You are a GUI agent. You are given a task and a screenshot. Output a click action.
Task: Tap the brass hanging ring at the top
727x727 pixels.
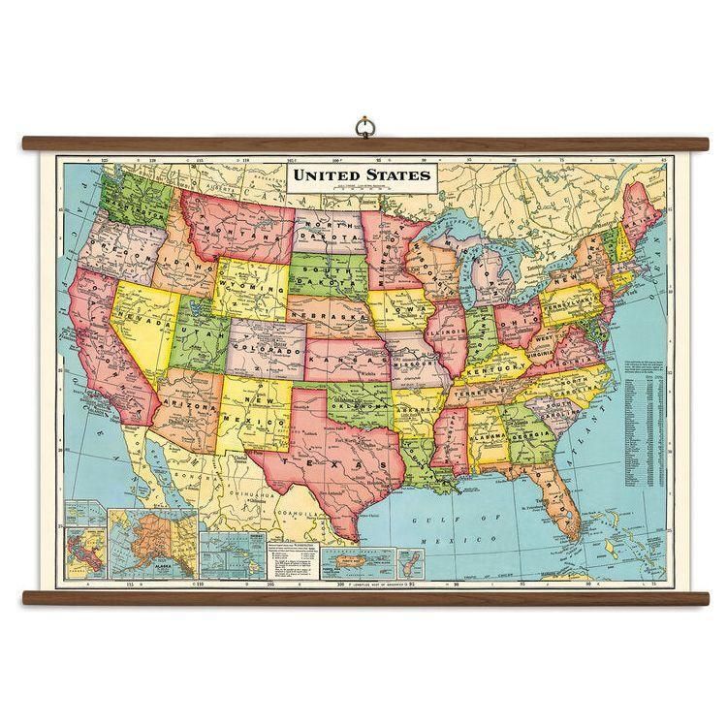tap(363, 127)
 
